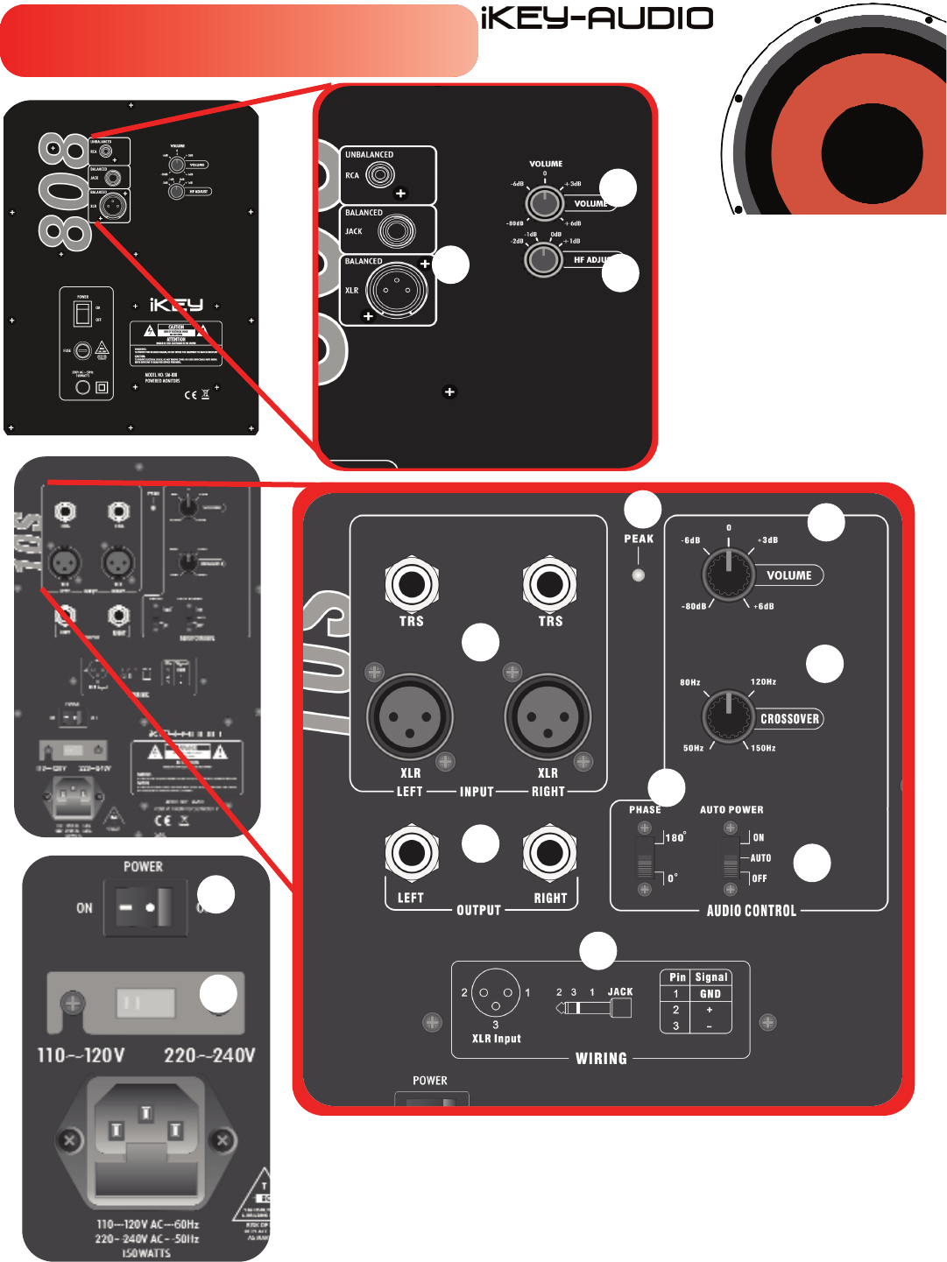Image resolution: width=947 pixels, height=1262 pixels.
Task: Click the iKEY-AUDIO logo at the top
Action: click(597, 18)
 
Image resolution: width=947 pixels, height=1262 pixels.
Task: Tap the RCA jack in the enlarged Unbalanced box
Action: click(380, 175)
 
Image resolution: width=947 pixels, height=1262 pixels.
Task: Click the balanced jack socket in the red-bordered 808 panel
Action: click(396, 231)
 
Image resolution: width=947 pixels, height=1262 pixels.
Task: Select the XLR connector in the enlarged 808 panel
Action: click(396, 290)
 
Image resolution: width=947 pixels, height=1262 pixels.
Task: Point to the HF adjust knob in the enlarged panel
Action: click(543, 259)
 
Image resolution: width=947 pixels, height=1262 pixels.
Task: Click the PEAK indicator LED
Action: click(639, 575)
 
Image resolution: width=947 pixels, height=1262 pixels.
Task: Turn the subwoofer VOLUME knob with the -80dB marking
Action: click(728, 575)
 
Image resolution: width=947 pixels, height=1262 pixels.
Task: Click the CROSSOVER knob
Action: click(728, 717)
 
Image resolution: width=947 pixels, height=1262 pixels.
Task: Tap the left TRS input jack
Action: click(411, 584)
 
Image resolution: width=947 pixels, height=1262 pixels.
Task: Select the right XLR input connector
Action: click(548, 717)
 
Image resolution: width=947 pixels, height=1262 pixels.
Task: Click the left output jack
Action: click(411, 852)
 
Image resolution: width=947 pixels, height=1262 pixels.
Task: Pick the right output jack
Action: click(549, 852)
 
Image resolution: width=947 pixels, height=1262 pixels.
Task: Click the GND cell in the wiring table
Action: click(710, 994)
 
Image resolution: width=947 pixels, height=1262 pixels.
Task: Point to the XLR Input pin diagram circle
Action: click(496, 993)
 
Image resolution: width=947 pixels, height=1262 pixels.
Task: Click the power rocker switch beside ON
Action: click(145, 908)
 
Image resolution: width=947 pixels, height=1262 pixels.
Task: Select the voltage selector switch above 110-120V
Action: click(145, 1003)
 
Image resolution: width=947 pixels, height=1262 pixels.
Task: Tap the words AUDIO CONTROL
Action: click(752, 911)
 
